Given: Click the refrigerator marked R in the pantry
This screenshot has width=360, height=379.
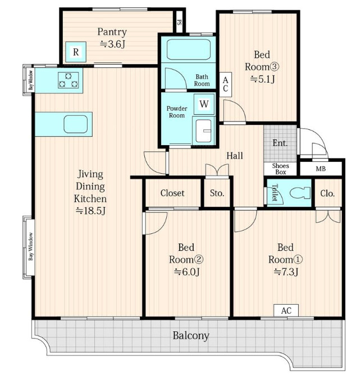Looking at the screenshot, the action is [x=76, y=52].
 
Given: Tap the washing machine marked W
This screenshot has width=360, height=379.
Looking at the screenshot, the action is [x=204, y=104].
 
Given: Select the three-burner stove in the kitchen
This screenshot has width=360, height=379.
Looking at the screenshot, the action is [x=69, y=80].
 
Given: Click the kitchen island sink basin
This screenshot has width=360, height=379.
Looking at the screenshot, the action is [x=76, y=124].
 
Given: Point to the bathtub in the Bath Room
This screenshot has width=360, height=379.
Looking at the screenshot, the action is [x=189, y=49].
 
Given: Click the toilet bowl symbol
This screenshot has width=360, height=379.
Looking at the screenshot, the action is [x=300, y=193].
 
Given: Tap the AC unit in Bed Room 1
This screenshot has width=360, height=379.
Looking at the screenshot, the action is [x=286, y=310].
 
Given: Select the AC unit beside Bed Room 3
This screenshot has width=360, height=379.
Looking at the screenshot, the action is [x=226, y=84].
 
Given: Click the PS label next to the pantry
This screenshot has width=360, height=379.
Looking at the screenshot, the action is [x=179, y=22].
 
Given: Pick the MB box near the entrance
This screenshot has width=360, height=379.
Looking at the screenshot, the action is [x=321, y=169].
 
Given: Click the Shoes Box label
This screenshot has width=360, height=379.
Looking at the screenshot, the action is [x=280, y=169].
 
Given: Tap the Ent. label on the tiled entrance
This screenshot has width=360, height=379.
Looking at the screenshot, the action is [x=280, y=143].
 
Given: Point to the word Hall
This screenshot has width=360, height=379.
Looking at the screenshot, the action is [x=235, y=156].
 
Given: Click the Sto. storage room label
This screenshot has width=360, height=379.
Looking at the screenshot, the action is [x=217, y=193].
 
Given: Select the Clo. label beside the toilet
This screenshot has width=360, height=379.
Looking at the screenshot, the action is [x=327, y=193].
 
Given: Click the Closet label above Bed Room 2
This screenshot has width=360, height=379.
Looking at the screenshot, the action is [x=172, y=193].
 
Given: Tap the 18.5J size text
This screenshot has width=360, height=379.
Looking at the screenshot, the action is [x=90, y=211].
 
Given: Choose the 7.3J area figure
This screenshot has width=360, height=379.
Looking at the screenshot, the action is [x=286, y=272].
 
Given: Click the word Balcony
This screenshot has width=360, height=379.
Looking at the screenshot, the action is [x=191, y=336].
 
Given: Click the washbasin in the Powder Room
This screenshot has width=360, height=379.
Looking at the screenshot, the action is [x=203, y=131].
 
